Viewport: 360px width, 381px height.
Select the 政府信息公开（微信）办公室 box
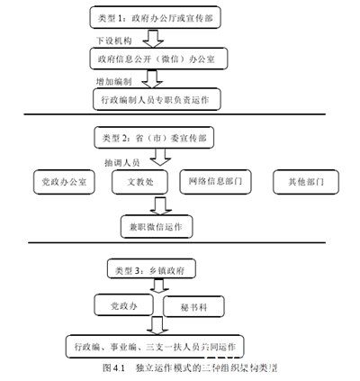[157, 59]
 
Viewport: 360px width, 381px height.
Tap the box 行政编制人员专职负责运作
[157, 98]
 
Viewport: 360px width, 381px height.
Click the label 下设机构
[113, 41]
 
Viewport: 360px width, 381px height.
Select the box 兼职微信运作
[155, 226]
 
